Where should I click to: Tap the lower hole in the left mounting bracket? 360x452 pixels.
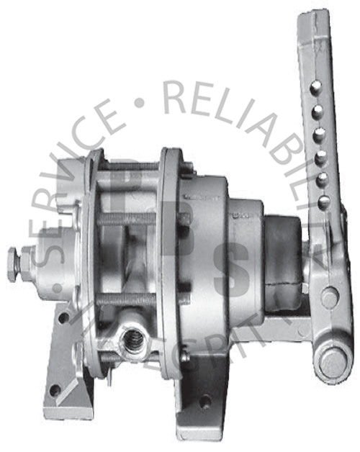click(x=55, y=389)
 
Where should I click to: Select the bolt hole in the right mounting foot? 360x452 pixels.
click(x=205, y=400)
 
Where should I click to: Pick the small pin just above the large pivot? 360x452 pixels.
click(x=329, y=295)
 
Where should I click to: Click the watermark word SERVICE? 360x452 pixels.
click(x=79, y=180)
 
